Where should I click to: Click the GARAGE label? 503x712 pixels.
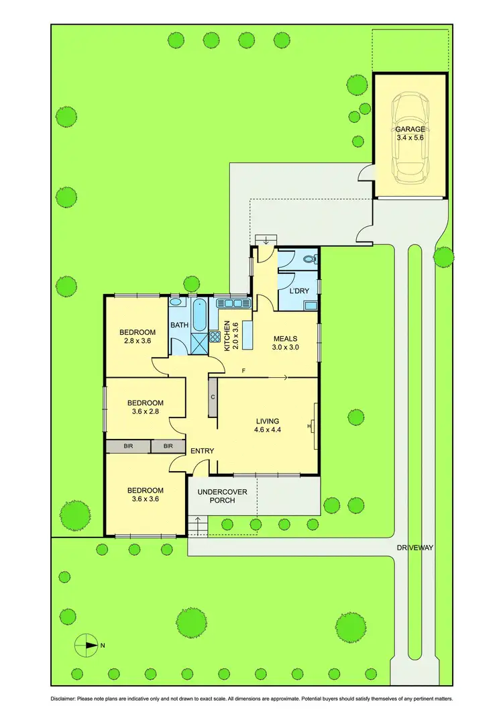409,133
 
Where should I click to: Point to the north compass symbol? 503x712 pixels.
87,646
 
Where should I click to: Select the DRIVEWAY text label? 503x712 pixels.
414,548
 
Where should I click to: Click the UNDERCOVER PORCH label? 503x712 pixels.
222,497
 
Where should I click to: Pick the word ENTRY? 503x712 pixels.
202,451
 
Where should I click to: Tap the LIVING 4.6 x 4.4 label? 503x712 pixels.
267,425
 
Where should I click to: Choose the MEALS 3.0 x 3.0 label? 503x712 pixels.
284,343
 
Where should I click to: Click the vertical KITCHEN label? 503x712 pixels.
227,336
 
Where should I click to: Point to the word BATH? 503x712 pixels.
179,325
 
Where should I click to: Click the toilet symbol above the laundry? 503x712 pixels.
309,258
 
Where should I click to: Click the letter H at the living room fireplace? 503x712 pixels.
309,425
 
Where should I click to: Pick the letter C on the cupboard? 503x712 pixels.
213,397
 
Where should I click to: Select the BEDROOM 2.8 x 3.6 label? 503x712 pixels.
137,336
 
